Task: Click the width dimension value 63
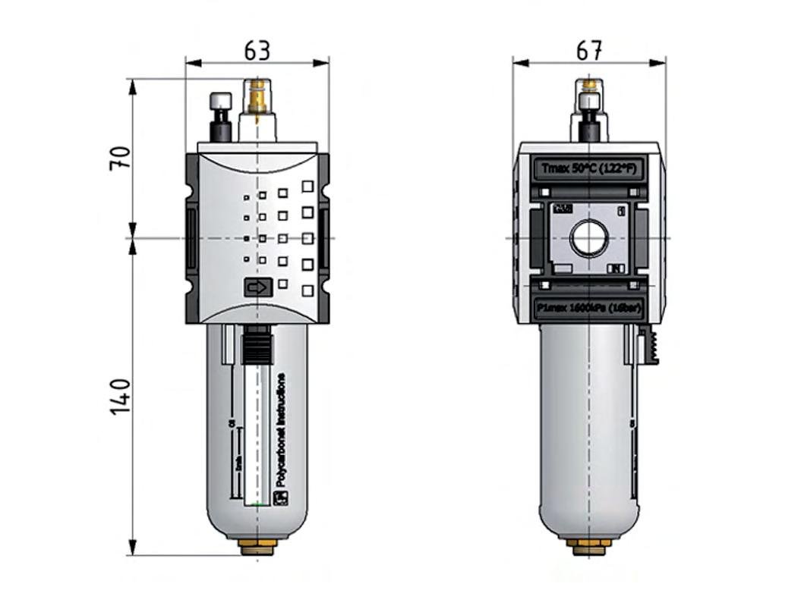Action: (257, 51)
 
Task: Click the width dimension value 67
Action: (589, 51)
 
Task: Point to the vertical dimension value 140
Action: (121, 396)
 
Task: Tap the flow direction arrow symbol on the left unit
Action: (257, 288)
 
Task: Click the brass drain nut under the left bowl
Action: (257, 546)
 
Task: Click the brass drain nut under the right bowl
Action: (588, 546)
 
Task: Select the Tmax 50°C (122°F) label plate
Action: (588, 168)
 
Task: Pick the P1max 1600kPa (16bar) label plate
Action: (588, 309)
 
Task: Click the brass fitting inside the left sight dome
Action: (257, 99)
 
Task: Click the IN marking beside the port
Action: (617, 268)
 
